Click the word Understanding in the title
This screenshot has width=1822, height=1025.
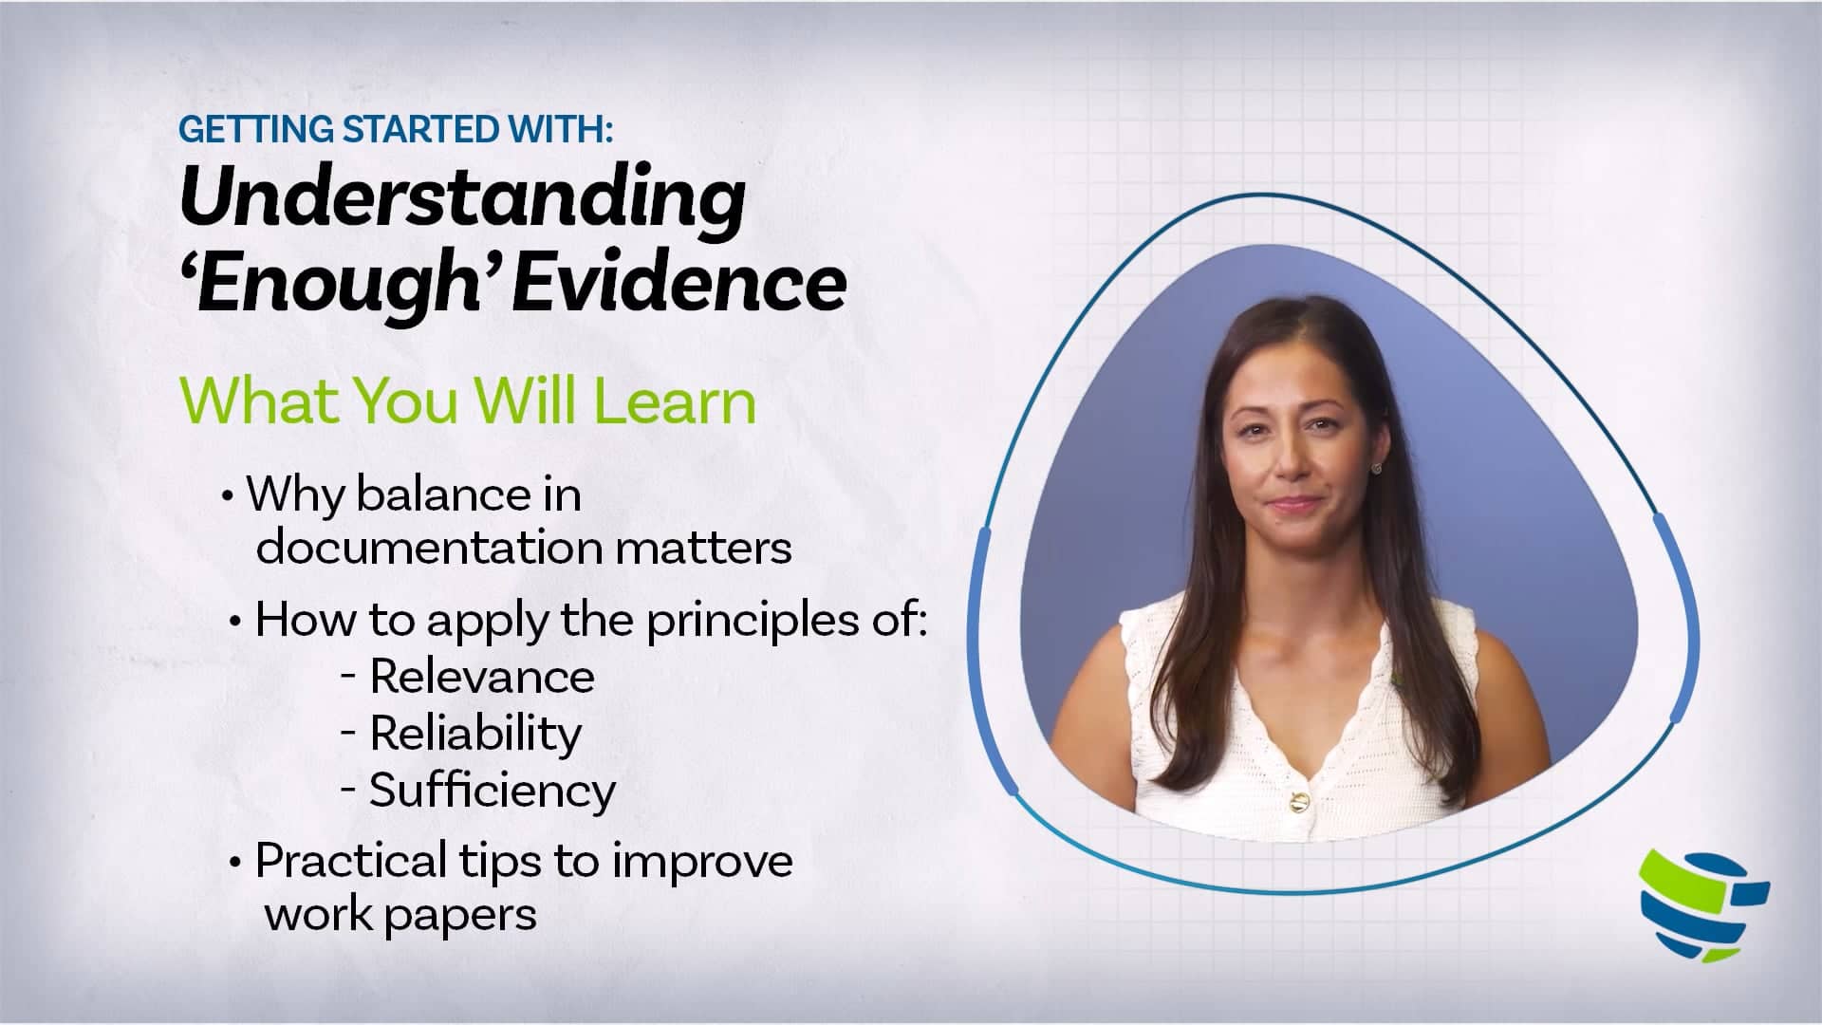pos(462,200)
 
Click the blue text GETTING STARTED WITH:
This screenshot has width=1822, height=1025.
pos(396,129)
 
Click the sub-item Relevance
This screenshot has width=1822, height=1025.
pos(482,677)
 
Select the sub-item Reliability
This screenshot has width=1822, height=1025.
pos(475,734)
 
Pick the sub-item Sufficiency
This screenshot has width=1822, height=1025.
pos(493,791)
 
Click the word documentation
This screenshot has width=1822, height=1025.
pos(430,548)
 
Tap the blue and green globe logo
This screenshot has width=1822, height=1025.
pos(1704,903)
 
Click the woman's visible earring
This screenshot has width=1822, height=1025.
pos(1375,468)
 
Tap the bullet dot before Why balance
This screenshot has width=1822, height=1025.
pos(227,495)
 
